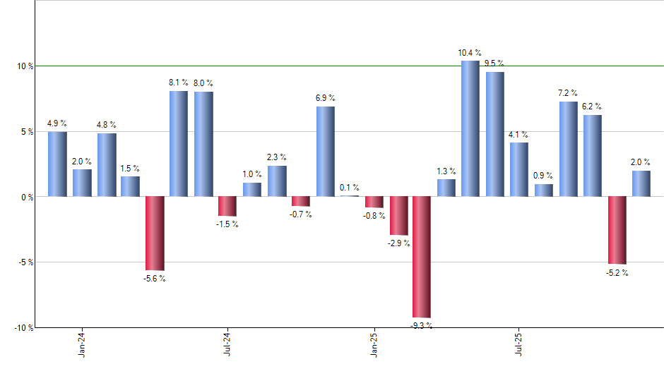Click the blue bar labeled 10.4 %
coord(470,128)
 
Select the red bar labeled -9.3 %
coord(422,257)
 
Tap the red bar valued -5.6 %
coord(155,233)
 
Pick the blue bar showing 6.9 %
coord(325,152)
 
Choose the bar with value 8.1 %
coord(179,144)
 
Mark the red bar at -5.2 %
coord(617,230)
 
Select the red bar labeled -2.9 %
coord(398,215)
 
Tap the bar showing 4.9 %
coord(57,164)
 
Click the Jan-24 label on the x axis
coord(82,343)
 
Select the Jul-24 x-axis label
coord(227,343)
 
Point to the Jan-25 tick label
coord(374,343)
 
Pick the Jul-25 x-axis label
coord(519,343)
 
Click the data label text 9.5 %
coord(494,63)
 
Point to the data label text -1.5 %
coord(227,224)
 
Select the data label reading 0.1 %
coord(349,188)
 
